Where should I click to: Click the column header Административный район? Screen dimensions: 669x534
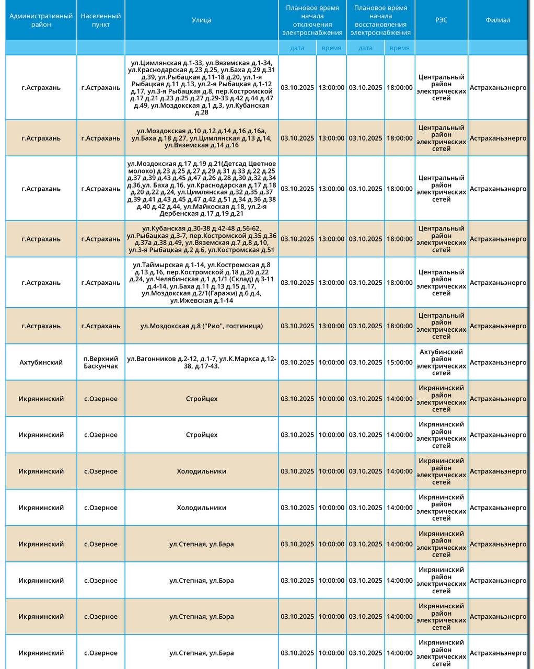[41, 20]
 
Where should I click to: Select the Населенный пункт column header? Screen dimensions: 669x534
[100, 20]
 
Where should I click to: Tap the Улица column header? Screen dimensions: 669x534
[201, 20]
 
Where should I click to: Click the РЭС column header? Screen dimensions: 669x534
[441, 20]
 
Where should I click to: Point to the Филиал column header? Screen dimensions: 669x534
[497, 20]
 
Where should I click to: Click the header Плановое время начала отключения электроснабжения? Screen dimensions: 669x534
[312, 20]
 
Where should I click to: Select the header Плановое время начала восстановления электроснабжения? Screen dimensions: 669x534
[380, 20]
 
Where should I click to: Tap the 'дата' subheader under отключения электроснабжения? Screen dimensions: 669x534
[297, 48]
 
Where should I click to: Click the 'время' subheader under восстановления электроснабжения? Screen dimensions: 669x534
[400, 48]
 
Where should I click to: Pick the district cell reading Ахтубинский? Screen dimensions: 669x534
[41, 362]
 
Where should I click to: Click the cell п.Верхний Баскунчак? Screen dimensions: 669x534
[100, 362]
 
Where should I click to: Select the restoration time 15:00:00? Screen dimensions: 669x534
[400, 362]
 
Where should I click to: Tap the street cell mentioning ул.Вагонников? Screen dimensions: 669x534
[201, 362]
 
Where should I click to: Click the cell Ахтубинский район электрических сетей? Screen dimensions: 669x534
[441, 362]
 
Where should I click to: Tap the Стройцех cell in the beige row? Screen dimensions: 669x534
[201, 399]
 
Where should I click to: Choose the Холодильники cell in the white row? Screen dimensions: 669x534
[201, 507]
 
